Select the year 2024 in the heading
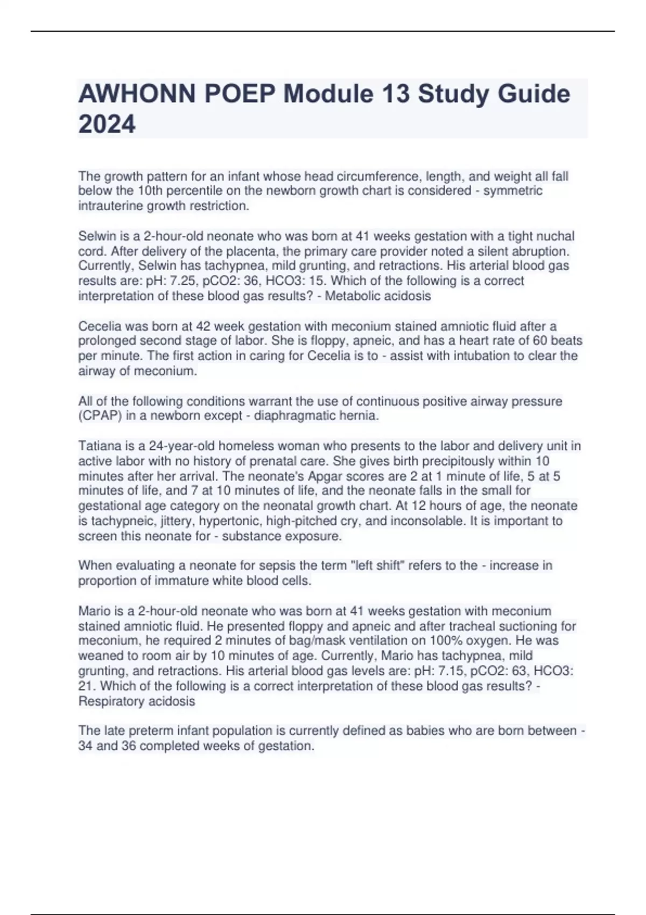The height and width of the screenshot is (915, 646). click(x=107, y=124)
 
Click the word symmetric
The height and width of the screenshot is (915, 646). click(x=513, y=191)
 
